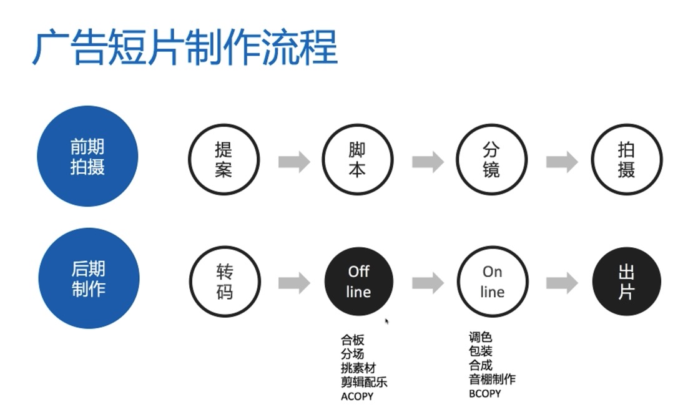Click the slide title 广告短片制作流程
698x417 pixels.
point(185,47)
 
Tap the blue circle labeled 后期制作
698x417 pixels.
point(88,278)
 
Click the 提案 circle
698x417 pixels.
point(224,159)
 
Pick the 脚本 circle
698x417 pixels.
point(357,159)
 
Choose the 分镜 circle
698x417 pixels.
point(491,159)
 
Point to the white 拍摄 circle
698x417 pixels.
point(626,159)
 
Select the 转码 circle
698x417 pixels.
point(224,282)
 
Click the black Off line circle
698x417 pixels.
point(358,282)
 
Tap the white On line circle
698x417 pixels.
point(492,282)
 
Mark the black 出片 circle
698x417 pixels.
point(626,282)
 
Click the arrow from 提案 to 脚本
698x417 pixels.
point(293,162)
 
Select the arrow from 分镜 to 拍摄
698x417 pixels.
point(562,162)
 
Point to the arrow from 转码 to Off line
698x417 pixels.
point(293,283)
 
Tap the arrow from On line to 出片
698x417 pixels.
point(562,283)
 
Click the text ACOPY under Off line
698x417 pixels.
point(357,396)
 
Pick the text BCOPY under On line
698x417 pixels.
point(484,393)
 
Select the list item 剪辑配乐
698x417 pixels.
point(364,382)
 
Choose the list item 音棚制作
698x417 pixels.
point(492,379)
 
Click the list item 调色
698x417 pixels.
point(480,338)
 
